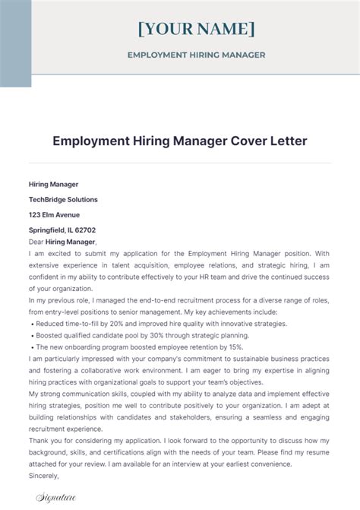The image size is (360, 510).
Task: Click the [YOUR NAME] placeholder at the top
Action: click(196, 30)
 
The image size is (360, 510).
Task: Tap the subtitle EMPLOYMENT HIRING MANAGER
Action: click(196, 55)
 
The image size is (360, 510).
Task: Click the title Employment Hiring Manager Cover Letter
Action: click(179, 141)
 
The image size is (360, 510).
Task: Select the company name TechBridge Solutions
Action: click(63, 199)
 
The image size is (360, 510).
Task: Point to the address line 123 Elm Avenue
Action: click(55, 214)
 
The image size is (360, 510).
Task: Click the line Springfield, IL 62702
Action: click(62, 230)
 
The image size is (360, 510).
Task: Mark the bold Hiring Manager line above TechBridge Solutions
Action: click(53, 184)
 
